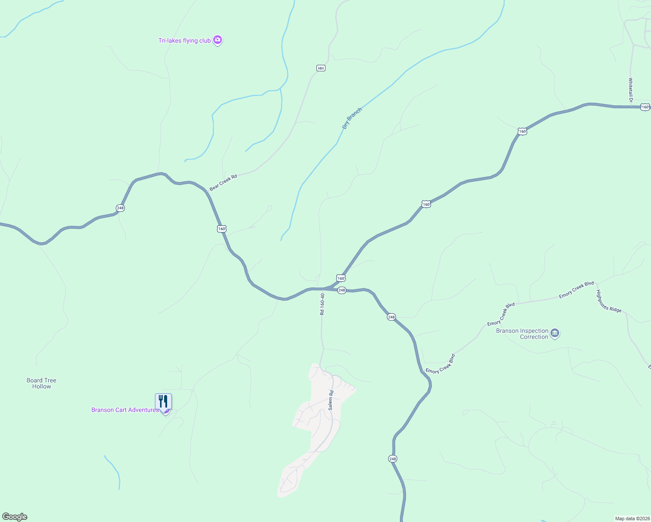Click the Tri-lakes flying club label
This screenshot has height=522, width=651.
pos(184,41)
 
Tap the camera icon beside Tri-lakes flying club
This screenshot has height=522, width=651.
pos(218,40)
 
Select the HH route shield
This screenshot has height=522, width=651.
pos(321,68)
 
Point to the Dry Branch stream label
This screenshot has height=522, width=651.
pos(352,118)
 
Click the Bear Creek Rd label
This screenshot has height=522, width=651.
pos(223,183)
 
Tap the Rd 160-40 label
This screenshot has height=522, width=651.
pos(322,304)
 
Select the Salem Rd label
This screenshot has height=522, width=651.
pos(331,400)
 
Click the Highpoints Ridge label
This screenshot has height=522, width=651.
pos(609,301)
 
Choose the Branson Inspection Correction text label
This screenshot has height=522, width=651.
pos(522,334)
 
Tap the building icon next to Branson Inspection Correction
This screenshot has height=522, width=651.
pos(555,334)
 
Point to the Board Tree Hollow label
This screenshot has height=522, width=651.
pos(41,383)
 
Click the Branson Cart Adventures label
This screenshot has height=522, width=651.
pos(125,410)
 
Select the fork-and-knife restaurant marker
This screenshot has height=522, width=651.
pos(163,401)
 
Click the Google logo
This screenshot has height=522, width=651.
pos(15,517)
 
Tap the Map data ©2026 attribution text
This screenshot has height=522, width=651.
pos(632,519)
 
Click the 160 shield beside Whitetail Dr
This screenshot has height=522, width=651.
pos(645,107)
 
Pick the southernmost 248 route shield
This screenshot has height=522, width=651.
pos(393,459)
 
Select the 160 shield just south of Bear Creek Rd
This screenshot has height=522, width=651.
pos(222,229)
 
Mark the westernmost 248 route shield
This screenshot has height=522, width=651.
pos(120,208)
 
